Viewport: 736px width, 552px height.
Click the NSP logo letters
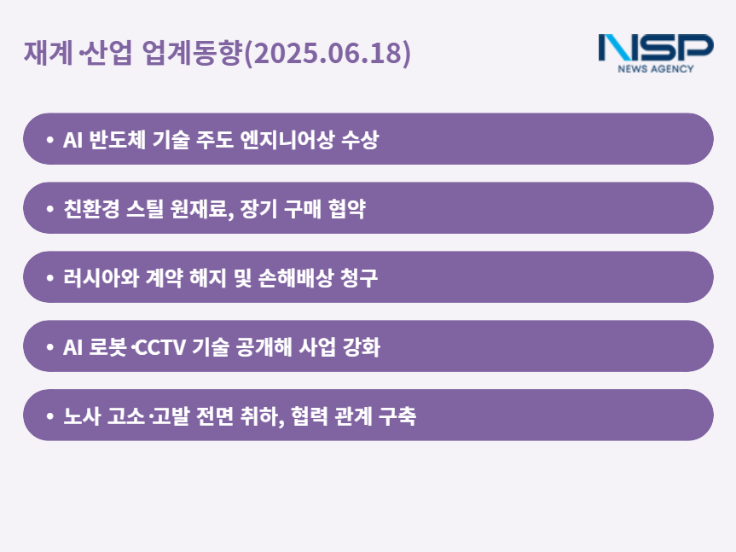tap(656, 48)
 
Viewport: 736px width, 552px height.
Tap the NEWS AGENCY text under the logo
tap(656, 69)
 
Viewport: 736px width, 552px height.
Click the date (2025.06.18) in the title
tap(327, 53)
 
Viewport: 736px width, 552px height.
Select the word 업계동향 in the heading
tap(193, 52)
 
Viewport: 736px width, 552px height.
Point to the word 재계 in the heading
tap(49, 52)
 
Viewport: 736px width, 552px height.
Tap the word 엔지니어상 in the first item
tap(287, 139)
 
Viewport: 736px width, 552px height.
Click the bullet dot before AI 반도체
tap(49, 139)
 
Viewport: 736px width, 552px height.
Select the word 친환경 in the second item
tap(91, 208)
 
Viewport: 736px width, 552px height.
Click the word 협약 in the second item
tap(347, 208)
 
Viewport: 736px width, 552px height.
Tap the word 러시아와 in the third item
tap(101, 278)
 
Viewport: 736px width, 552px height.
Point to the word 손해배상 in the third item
tap(296, 278)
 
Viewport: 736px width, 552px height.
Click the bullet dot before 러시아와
tap(49, 278)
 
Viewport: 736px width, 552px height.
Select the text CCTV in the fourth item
tap(160, 347)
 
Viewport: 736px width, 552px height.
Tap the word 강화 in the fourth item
tap(362, 347)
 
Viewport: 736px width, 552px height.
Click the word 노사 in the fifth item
tap(82, 416)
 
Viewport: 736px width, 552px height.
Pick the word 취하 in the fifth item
tap(258, 416)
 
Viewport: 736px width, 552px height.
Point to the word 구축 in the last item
tap(397, 416)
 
